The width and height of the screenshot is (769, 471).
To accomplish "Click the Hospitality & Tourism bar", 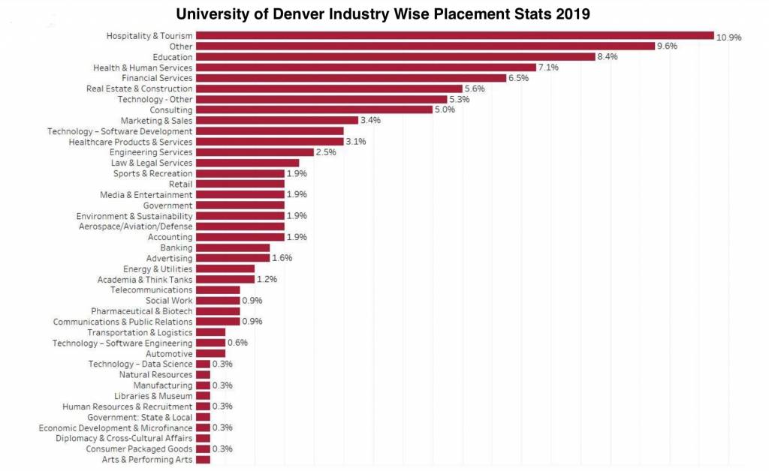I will coord(454,35).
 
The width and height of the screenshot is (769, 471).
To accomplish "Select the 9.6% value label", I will coord(668,46).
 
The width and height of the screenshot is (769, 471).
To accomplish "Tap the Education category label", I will coord(172,57).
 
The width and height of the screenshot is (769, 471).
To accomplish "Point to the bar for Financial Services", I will coord(351,78).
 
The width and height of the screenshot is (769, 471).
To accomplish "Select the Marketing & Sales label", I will coord(156,120).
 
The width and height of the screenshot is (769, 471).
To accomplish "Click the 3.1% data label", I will coord(355,142).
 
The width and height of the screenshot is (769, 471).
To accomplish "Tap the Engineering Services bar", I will coord(255,152).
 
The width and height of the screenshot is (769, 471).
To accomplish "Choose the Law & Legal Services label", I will coord(152,163).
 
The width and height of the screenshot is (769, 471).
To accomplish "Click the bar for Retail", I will coord(240,184).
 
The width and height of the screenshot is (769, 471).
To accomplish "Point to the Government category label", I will coord(168,205).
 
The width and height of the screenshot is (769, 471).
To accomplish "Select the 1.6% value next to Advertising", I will coord(282,258).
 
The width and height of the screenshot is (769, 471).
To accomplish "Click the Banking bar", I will coord(232,247).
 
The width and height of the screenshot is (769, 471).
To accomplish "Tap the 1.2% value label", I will coord(267,279).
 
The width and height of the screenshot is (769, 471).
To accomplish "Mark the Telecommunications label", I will coord(152,289).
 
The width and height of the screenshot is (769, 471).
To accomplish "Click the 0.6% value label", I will coord(237,343).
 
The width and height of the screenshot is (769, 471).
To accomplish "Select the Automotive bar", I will coord(210,353).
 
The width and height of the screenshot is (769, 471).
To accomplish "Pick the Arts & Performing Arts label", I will coord(147,459).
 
